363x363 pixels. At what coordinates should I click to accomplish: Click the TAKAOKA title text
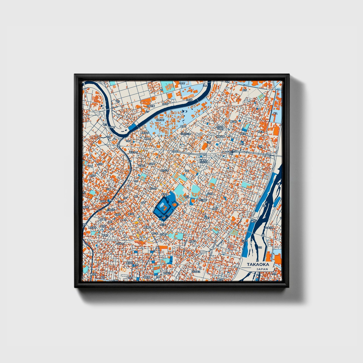tap(258, 264)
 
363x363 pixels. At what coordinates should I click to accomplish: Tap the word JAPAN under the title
tap(262, 269)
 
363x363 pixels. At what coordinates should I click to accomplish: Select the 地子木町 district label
tap(133, 152)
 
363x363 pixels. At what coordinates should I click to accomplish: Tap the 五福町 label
tap(141, 166)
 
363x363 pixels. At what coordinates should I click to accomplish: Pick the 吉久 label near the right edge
tap(275, 114)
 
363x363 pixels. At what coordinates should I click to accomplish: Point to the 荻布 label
tap(244, 90)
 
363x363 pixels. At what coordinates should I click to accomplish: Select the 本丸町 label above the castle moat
tap(164, 194)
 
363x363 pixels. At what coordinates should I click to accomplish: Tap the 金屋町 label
tap(103, 201)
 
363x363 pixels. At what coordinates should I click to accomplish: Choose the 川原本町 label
tap(111, 210)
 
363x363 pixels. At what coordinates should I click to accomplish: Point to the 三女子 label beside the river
tap(244, 240)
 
